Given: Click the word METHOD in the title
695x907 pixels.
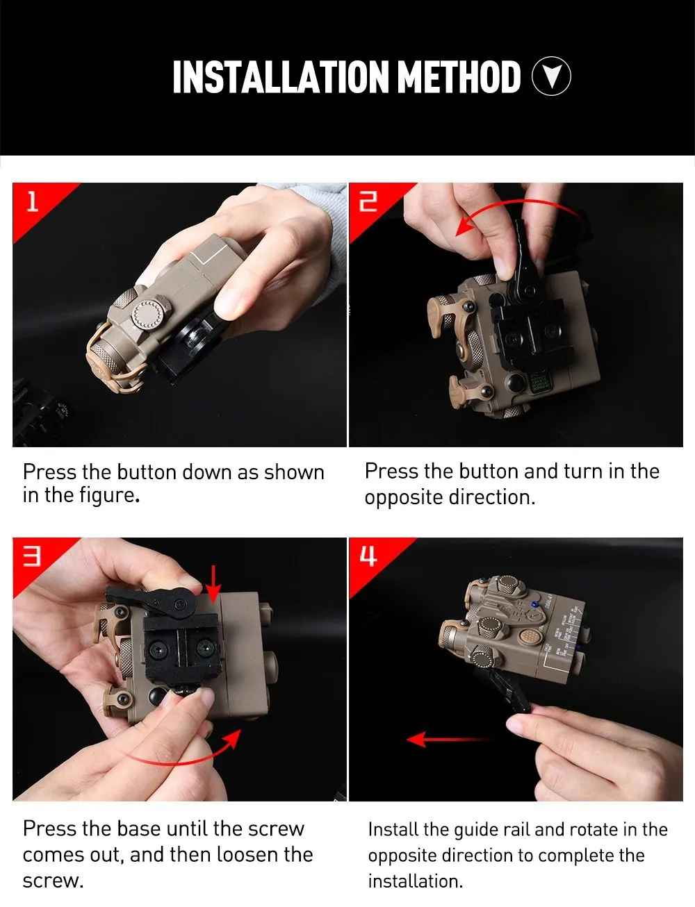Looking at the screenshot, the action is click(459, 76).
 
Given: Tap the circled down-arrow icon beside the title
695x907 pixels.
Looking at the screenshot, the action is click(551, 76).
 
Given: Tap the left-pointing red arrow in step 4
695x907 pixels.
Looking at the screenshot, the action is click(449, 739).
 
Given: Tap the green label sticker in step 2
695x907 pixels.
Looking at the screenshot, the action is click(539, 382).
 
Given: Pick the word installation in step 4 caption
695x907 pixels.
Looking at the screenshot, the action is click(415, 881).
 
